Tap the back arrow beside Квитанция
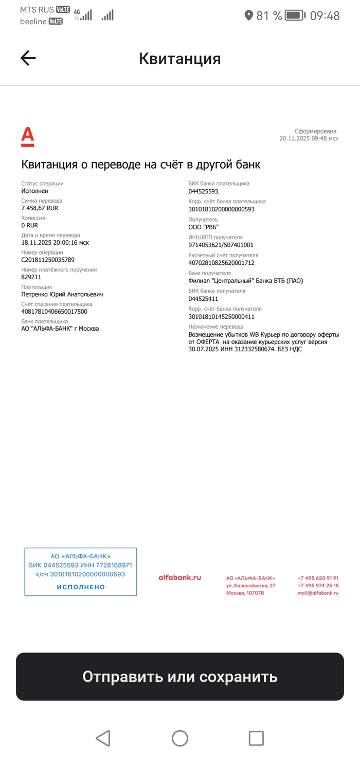pyautogui.click(x=28, y=58)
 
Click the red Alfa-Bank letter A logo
pyautogui.click(x=28, y=137)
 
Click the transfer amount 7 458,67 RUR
pyautogui.click(x=40, y=208)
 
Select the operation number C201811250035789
pyautogui.click(x=48, y=260)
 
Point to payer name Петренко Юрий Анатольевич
pyautogui.click(x=62, y=295)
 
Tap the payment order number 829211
pyautogui.click(x=31, y=277)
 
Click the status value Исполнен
pyautogui.click(x=35, y=191)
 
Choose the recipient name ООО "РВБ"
pyautogui.click(x=204, y=227)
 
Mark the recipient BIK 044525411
pyautogui.click(x=203, y=298)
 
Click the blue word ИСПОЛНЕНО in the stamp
pyautogui.click(x=81, y=587)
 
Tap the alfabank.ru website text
pyautogui.click(x=179, y=577)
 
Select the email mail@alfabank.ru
pyautogui.click(x=318, y=593)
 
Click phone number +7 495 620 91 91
pyautogui.click(x=318, y=578)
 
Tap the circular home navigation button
pyautogui.click(x=180, y=738)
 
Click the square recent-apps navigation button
pyautogui.click(x=256, y=738)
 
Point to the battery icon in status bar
pyautogui.click(x=295, y=15)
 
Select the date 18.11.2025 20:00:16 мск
pyautogui.click(x=55, y=242)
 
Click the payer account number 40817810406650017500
pyautogui.click(x=54, y=311)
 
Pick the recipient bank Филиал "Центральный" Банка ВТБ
pyautogui.click(x=246, y=281)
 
